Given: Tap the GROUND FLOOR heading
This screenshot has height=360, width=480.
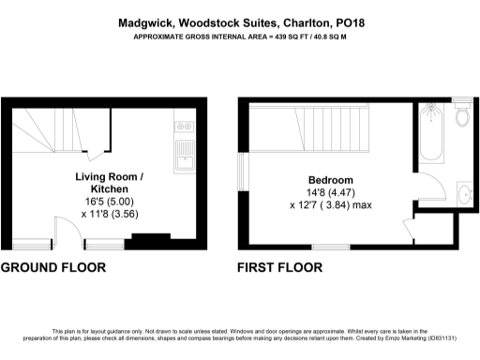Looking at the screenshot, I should pyautogui.click(x=52, y=267).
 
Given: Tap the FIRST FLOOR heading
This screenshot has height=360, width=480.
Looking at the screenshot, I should pyautogui.click(x=280, y=267).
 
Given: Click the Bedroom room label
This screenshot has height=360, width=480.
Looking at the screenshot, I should pyautogui.click(x=331, y=180).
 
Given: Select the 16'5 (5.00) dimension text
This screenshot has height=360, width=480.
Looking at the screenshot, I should pyautogui.click(x=110, y=201).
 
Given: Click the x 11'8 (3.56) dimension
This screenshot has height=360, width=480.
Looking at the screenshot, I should pyautogui.click(x=110, y=214).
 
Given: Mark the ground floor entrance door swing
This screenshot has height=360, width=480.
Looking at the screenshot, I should pyautogui.click(x=62, y=233).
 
